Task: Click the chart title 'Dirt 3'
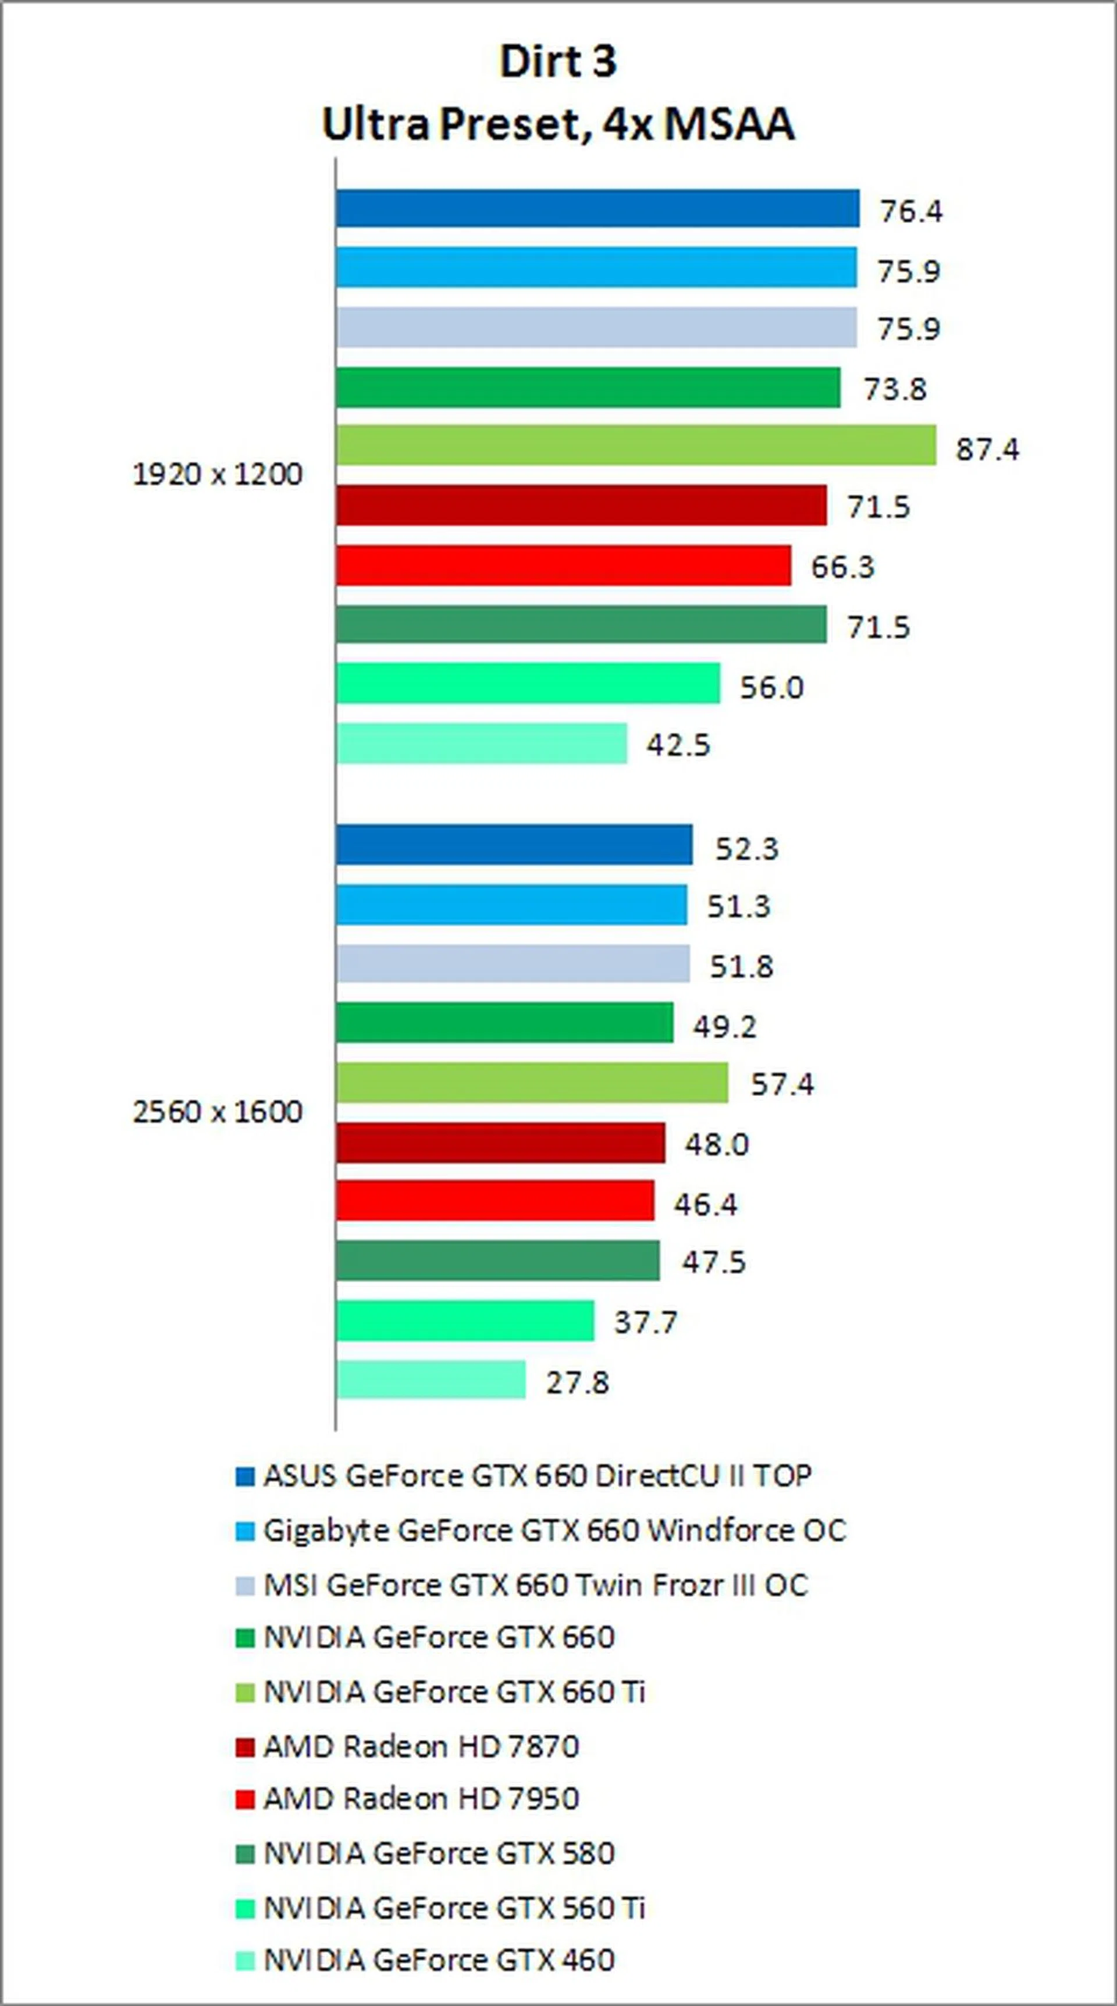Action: point(558,62)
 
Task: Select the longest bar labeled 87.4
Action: point(636,446)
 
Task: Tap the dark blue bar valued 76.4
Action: point(597,209)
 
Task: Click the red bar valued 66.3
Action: point(563,565)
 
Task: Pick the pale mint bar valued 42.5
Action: point(481,744)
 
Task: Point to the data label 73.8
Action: point(894,389)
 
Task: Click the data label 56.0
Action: point(771,688)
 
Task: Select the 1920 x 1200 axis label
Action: point(218,474)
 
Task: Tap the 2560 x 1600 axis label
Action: point(218,1112)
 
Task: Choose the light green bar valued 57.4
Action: point(532,1083)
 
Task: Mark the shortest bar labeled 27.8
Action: point(431,1380)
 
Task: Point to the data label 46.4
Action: point(706,1205)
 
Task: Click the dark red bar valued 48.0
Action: point(501,1143)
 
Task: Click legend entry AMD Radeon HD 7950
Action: point(421,1799)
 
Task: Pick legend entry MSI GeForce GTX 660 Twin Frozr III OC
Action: point(535,1585)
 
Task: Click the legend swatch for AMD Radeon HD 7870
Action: point(244,1747)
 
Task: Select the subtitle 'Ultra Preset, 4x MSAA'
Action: point(558,125)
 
